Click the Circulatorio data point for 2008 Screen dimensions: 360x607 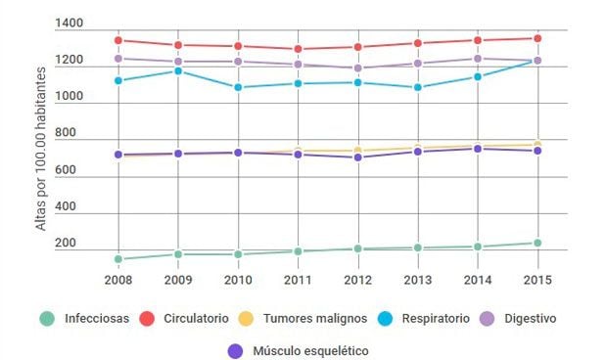point(118,40)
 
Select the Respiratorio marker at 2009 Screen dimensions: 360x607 point(178,70)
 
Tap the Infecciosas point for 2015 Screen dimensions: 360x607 point(537,243)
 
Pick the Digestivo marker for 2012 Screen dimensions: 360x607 point(357,68)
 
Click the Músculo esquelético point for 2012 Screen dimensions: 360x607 point(357,157)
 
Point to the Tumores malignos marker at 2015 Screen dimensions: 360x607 point(537,145)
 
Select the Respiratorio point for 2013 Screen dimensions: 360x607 point(417,87)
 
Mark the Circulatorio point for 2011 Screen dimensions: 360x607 point(298,49)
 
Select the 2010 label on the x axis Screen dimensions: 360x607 point(238,280)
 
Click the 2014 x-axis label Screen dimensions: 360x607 point(477,280)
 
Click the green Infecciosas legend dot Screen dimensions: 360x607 point(46,318)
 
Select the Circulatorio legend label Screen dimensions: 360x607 point(196,318)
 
